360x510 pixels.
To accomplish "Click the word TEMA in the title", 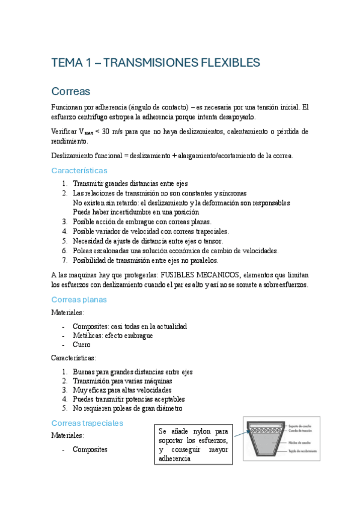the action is pos(66,63).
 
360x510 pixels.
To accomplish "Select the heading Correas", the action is pos(70,91).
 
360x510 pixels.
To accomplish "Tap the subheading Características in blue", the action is pos(79,171).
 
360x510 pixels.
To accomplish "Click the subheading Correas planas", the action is pos(79,299).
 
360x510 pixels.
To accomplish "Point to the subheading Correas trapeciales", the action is pos(87,423).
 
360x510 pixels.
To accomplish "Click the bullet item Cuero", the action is pos(81,345).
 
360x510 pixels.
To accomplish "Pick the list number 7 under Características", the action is pos(64,260).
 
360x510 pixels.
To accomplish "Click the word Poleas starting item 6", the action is pos(84,251).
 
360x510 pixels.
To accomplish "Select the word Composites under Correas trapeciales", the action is pos(90,449).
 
